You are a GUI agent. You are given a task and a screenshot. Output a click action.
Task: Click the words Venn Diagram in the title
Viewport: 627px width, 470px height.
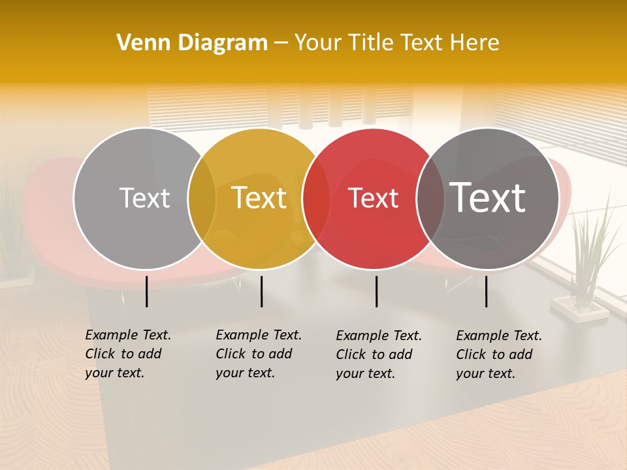coord(192,43)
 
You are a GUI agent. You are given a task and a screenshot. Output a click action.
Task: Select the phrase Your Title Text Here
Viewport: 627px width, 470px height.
coord(396,43)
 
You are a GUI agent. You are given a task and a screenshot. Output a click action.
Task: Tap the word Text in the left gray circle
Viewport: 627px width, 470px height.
coord(144,198)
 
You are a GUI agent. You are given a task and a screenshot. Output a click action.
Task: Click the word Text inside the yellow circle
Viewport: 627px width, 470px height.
coord(259,198)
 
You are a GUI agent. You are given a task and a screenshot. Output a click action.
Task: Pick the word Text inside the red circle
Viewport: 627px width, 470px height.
coord(374,198)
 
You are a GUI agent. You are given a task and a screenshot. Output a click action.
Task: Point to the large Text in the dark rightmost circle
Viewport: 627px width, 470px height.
coord(488,198)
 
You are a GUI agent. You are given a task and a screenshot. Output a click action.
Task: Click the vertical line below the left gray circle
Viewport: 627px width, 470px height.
coord(146,291)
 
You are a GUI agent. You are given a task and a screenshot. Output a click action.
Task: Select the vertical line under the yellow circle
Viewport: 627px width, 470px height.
coord(261,291)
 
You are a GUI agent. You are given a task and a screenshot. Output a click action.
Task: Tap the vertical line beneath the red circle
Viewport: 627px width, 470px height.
coord(376,291)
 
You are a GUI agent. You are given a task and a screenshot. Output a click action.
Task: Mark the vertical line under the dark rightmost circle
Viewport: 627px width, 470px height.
coord(486,291)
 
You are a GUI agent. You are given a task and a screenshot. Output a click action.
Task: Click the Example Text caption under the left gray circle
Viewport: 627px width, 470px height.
coord(127,354)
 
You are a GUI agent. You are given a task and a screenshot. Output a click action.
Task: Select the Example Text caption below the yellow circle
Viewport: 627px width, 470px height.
coord(258,354)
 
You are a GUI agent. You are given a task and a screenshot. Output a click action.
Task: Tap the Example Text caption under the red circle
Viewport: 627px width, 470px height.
coord(378,354)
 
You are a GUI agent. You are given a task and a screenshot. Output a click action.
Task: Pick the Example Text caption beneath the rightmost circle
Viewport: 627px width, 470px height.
coord(498,354)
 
